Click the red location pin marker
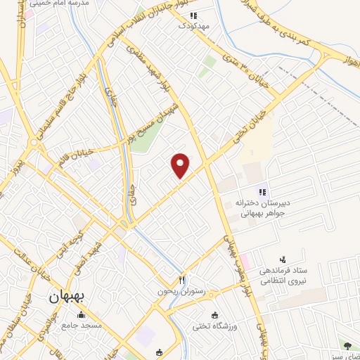[x=181, y=165]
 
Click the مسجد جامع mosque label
[x=82, y=326]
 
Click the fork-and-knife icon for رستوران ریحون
[x=181, y=278]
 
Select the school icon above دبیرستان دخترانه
[x=262, y=191]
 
